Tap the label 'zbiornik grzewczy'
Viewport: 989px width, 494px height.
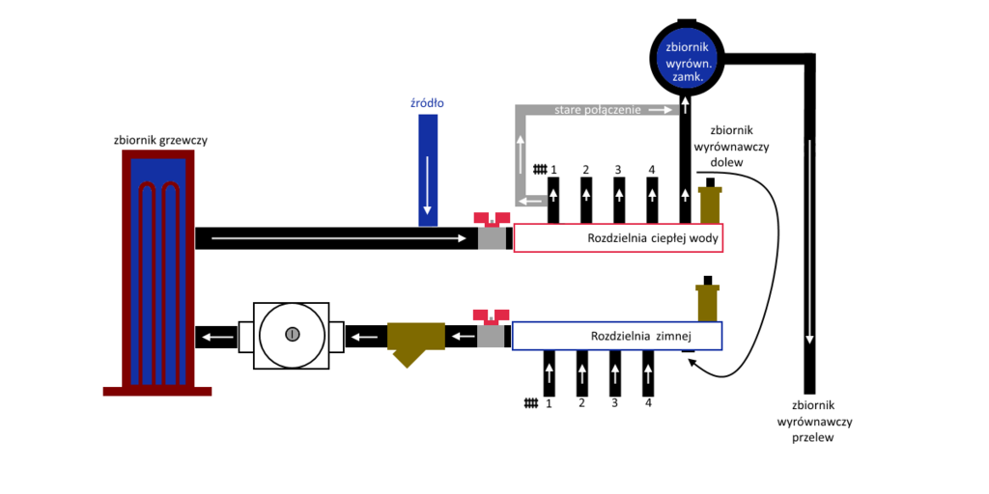click(x=160, y=140)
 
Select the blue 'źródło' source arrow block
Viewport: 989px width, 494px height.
click(x=427, y=170)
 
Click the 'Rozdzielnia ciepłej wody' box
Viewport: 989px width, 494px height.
click(x=618, y=238)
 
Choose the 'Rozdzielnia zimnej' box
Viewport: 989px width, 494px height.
click(x=616, y=336)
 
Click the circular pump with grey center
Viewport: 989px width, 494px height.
click(x=292, y=335)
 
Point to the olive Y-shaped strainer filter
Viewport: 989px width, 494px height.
click(x=414, y=341)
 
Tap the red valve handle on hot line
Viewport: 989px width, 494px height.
click(x=492, y=218)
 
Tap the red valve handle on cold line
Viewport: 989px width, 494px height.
click(x=491, y=316)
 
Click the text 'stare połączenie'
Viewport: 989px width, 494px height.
click(x=598, y=110)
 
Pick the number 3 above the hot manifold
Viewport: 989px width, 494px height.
click(x=618, y=170)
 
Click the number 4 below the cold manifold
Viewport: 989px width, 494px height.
click(x=648, y=402)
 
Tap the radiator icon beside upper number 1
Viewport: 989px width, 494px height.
click(x=539, y=170)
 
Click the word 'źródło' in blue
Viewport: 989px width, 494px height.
click(x=427, y=102)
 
